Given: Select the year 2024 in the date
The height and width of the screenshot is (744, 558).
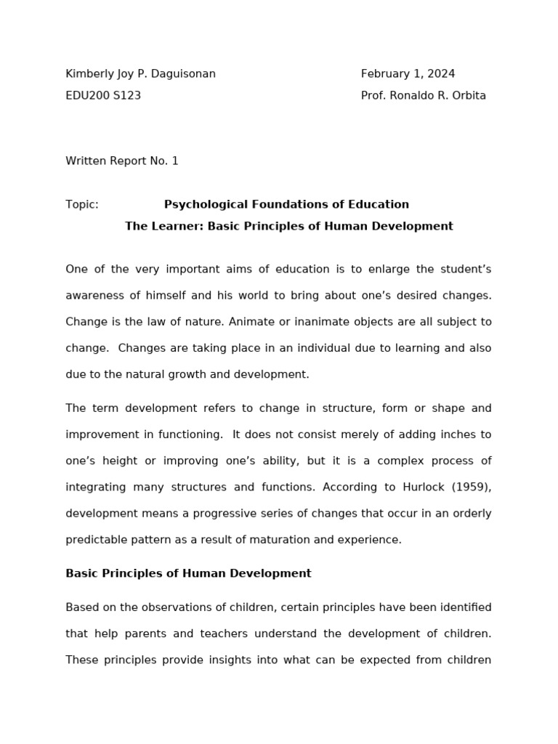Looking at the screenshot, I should (441, 73).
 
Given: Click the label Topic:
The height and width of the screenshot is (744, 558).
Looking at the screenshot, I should (82, 204).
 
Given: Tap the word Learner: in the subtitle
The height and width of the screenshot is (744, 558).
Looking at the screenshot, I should (177, 226).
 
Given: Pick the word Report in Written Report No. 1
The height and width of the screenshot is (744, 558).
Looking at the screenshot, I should (128, 161).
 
